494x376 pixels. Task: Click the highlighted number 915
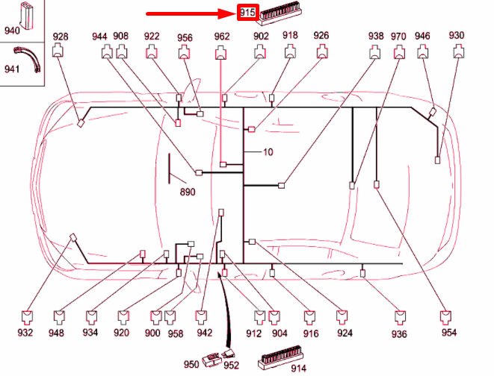click(x=247, y=13)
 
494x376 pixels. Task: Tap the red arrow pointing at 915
click(x=191, y=13)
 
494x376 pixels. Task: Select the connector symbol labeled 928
click(x=58, y=51)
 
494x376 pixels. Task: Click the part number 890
click(x=188, y=192)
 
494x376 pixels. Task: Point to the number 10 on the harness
click(x=268, y=152)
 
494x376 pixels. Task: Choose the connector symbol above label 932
click(x=27, y=318)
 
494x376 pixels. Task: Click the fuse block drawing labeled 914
click(x=281, y=357)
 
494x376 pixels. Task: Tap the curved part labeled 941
click(x=28, y=59)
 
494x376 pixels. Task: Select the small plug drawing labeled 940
click(x=27, y=16)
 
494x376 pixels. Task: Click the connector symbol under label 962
click(x=220, y=52)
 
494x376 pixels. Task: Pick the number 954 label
click(x=449, y=332)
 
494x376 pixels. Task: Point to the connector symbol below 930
click(x=459, y=51)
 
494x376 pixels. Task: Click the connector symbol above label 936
click(x=400, y=318)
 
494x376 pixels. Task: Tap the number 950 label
click(x=191, y=364)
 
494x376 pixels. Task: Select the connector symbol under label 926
click(x=322, y=51)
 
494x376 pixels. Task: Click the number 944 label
click(x=99, y=37)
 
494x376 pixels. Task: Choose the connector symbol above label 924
click(x=342, y=317)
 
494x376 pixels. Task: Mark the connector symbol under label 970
click(x=400, y=52)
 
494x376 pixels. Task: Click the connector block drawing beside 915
click(x=279, y=14)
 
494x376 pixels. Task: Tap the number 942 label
click(x=205, y=332)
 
